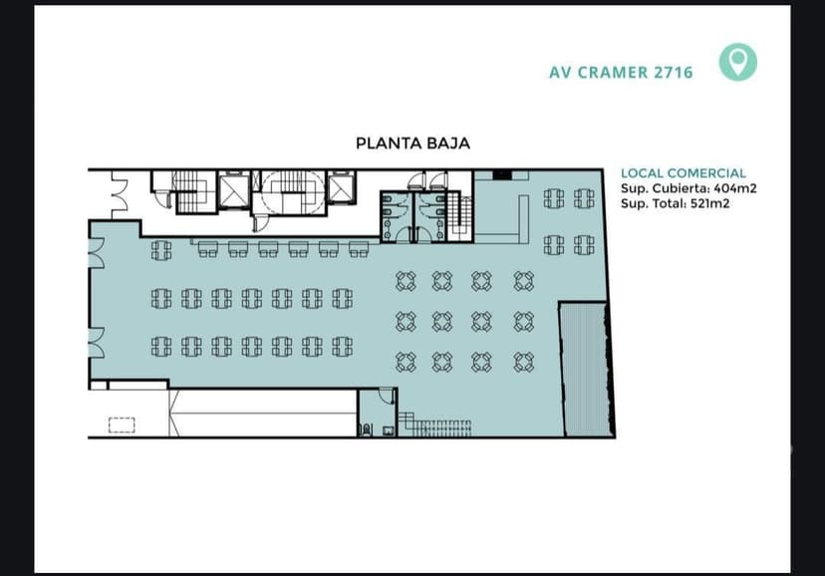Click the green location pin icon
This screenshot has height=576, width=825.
pos(737,62)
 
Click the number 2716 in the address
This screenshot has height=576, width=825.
pos(673,72)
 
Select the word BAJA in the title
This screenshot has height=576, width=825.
pos(448,144)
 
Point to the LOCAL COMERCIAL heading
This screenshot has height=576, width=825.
pos(683,173)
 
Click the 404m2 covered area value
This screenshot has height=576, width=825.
pos(735,188)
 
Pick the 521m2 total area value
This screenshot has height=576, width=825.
pos(709,203)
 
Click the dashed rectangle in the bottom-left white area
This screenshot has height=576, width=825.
pos(122,426)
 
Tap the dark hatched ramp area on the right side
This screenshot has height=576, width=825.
pos(586,370)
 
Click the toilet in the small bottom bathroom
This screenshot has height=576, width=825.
pos(367,430)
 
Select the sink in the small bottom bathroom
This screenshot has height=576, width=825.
pos(389,431)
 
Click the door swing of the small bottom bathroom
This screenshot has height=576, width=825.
pos(387,396)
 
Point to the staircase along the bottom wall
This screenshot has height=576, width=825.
pos(434,426)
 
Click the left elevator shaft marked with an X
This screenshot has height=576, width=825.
pos(234,190)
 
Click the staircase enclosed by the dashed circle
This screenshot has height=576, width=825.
pos(292,191)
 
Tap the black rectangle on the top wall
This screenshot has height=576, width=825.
pos(502,174)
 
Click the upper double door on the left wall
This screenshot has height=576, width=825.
pos(97,253)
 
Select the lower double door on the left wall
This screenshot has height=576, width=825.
pos(97,343)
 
